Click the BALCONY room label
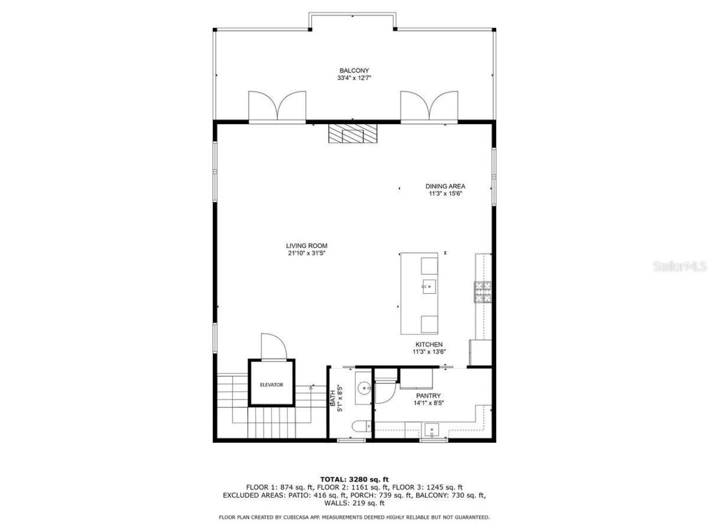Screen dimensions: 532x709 (354, 70)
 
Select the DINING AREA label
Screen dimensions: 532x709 (445, 186)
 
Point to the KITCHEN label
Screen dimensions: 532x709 (429, 345)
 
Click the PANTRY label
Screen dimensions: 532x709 (428, 396)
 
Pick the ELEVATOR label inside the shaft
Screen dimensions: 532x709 (271, 385)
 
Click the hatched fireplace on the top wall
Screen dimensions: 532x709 (352, 134)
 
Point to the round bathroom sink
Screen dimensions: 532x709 (363, 387)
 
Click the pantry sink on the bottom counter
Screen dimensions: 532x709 (431, 429)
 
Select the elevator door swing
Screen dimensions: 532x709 (274, 347)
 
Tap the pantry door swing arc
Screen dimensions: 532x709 (384, 394)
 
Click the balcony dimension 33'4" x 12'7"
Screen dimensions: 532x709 (354, 78)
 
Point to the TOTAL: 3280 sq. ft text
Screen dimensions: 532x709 (354, 479)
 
